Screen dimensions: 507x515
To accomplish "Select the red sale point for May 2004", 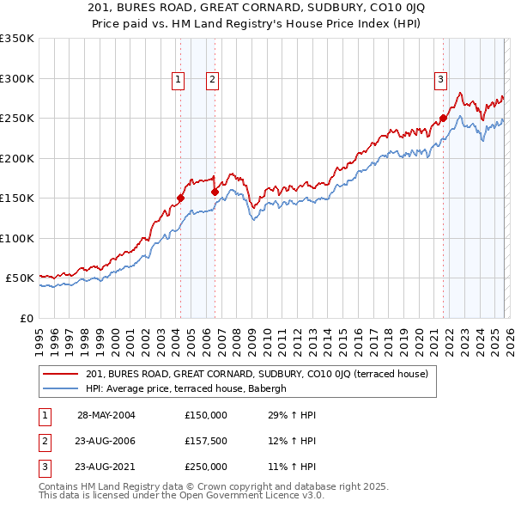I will pyautogui.click(x=181, y=198).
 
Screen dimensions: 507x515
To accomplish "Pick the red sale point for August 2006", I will pyautogui.click(x=215, y=192).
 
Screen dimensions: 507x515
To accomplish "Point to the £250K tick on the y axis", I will pyautogui.click(x=17, y=119).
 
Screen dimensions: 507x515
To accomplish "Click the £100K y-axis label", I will pyautogui.click(x=17, y=238).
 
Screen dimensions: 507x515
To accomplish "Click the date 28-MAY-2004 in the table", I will pyautogui.click(x=106, y=415).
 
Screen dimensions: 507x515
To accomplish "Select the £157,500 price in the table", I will pyautogui.click(x=206, y=441).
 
